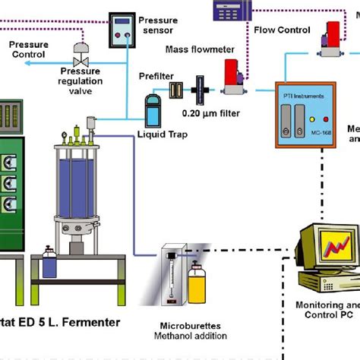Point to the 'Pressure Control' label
click(x=28, y=50)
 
